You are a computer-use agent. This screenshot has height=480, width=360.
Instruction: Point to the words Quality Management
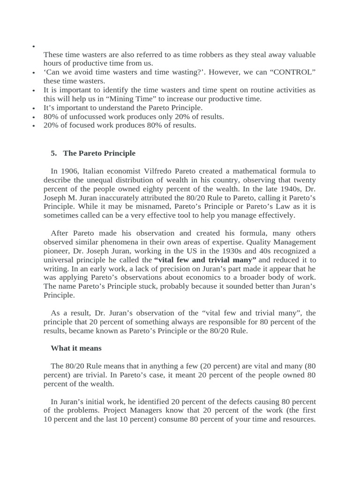tap(273, 242)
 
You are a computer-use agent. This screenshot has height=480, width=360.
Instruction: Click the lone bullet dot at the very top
tap(34, 47)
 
